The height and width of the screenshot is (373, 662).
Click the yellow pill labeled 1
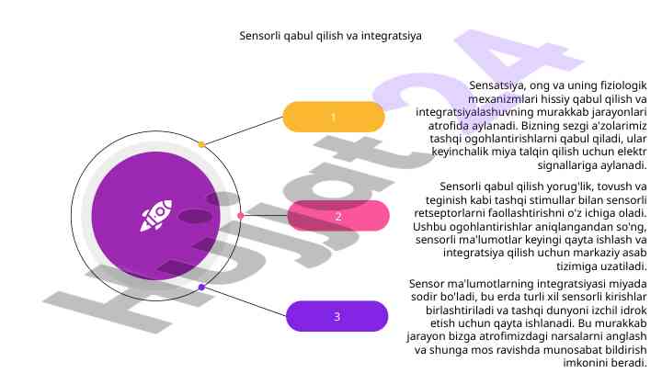(333, 117)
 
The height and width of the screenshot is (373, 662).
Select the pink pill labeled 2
(337, 216)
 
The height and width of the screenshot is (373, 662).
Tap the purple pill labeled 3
(337, 316)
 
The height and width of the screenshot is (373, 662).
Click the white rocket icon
(155, 216)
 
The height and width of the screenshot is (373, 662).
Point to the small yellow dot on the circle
(201, 144)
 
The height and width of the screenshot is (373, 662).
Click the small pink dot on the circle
(241, 216)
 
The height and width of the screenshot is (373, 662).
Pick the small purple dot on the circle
(201, 288)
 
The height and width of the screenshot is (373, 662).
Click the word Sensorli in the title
(261, 37)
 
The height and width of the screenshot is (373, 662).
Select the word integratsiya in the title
(392, 37)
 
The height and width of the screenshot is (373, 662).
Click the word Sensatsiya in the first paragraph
(496, 85)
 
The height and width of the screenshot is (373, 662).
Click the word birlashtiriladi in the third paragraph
(456, 311)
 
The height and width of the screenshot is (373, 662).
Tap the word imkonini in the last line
(596, 363)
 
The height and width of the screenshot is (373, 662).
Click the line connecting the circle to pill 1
(243, 130)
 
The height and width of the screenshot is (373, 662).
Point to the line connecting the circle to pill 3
(243, 301)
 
